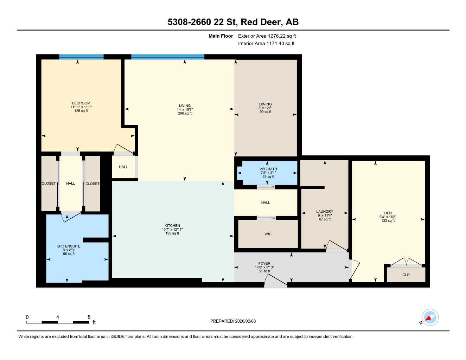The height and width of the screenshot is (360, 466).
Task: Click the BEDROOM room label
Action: [81, 103]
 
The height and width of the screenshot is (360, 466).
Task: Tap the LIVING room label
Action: [185, 105]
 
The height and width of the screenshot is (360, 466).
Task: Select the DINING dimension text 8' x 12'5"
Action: [265, 108]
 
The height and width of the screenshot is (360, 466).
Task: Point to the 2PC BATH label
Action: [268, 169]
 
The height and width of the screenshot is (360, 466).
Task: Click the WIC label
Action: [268, 234]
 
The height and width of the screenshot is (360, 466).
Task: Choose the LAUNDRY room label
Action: [324, 212]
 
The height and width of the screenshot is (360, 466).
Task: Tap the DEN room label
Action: [388, 213]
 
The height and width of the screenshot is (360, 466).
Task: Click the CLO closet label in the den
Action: [406, 275]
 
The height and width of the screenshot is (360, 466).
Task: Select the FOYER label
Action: [264, 263]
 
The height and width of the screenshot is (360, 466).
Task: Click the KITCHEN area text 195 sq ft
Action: [172, 233]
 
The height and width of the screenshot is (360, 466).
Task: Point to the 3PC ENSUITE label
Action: [69, 246]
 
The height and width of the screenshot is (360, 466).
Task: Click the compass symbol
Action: [429, 317]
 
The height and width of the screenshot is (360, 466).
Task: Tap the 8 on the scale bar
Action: [89, 317]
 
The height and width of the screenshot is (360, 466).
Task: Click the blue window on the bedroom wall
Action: [81, 57]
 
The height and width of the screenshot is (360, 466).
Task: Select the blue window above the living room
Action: [168, 57]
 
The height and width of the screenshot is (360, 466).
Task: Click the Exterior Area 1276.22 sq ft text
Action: [267, 36]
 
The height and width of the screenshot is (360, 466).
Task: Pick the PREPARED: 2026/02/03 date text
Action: [233, 321]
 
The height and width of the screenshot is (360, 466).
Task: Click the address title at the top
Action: [233, 22]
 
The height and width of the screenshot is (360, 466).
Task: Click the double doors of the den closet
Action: [406, 263]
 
